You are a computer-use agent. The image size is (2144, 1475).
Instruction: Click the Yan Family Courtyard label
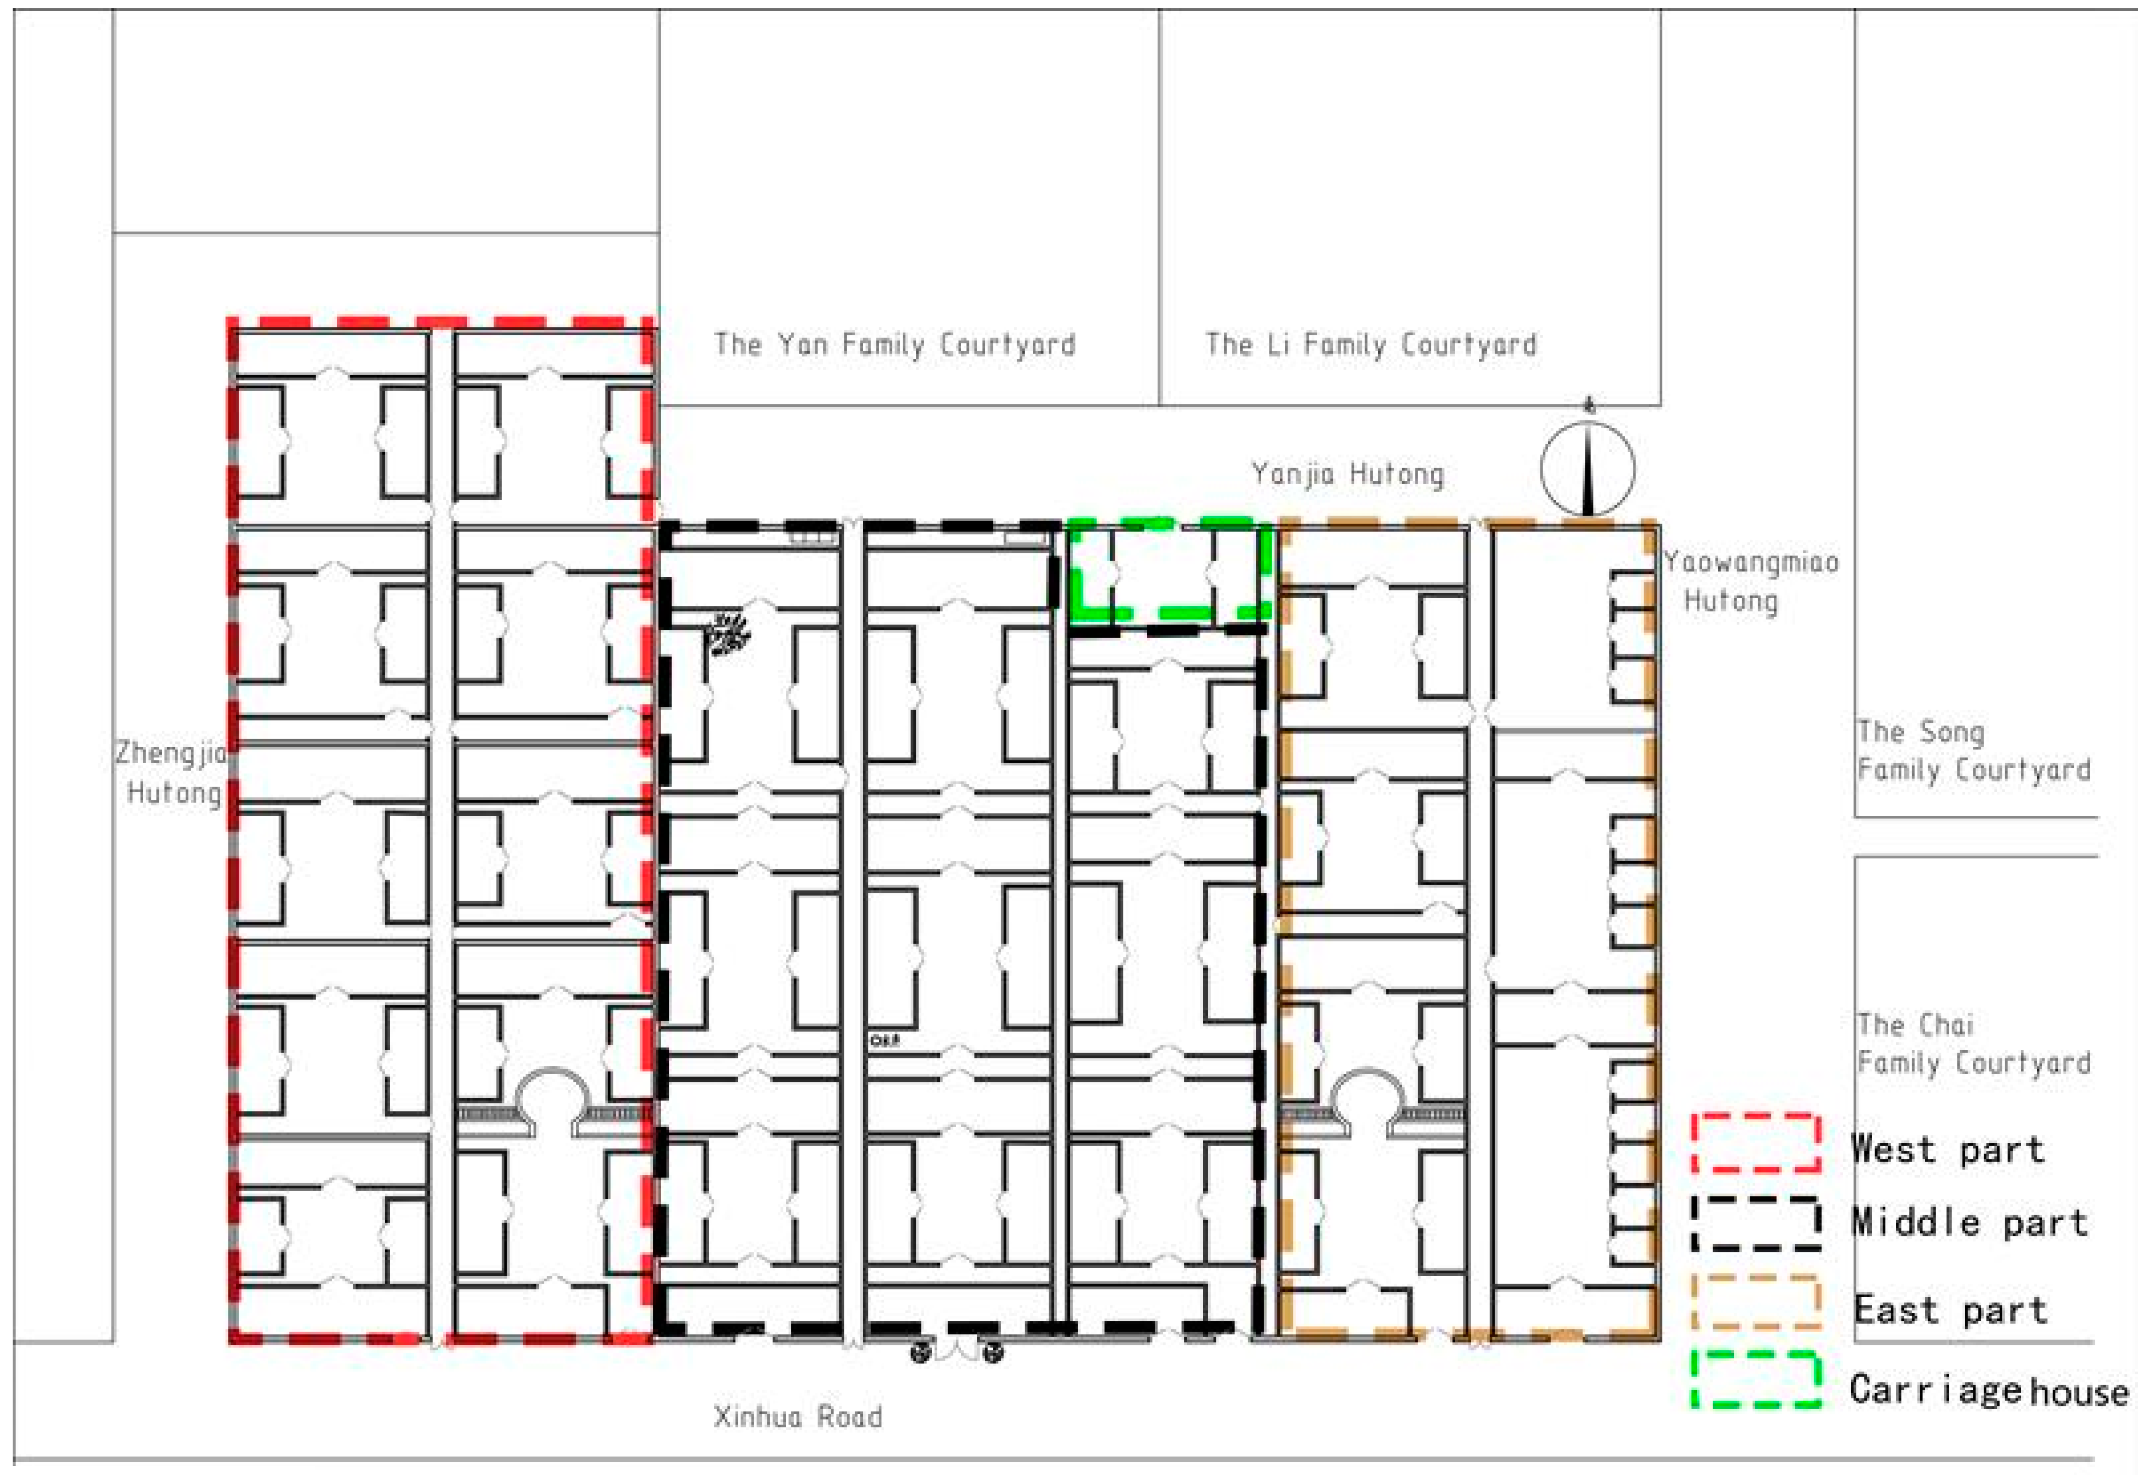(894, 345)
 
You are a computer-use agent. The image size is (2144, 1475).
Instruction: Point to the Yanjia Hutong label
(1347, 474)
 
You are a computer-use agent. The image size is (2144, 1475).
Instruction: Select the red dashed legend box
(1756, 1143)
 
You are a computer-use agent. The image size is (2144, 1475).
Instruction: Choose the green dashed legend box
(1756, 1380)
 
